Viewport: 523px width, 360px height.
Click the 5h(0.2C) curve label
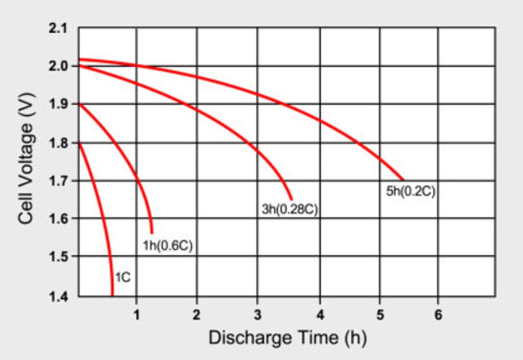411,191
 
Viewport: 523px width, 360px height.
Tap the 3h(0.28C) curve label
290,209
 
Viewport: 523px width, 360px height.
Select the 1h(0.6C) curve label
168,246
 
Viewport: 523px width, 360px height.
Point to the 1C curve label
123,277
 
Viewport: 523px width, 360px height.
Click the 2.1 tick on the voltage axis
58,29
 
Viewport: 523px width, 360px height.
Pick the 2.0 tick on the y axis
58,66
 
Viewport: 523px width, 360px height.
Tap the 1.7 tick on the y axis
58,181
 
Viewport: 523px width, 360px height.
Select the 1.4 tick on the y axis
58,296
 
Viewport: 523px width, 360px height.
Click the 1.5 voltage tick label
58,257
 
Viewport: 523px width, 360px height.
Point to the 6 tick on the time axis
438,314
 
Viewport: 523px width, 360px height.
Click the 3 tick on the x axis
257,314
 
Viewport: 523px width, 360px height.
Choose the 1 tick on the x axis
137,314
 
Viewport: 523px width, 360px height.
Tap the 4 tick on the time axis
320,314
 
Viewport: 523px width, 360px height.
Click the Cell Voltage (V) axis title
26,158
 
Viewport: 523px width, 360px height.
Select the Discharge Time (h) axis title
288,338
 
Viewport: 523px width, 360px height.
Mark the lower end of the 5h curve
403,180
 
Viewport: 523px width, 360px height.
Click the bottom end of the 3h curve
292,199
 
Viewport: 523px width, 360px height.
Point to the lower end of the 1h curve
152,233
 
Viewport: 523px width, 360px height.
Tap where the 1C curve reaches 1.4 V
112,296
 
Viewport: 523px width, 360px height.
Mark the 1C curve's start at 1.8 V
79,143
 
